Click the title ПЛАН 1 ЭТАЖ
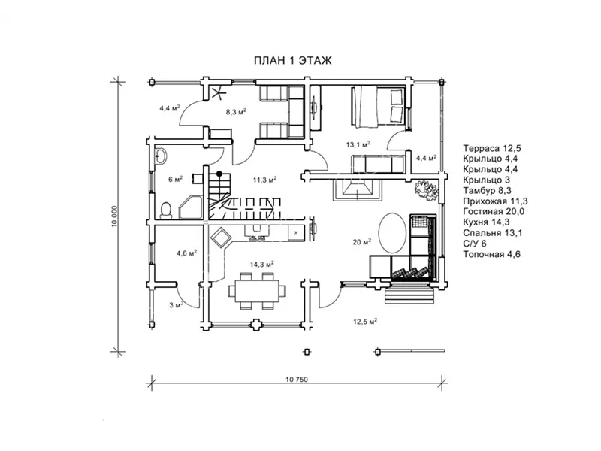point(293,61)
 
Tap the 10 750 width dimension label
point(297,380)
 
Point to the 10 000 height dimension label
point(114,216)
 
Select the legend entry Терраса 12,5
point(492,148)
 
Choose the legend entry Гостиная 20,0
point(494,212)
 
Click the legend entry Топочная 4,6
point(492,254)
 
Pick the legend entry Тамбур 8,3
point(487,191)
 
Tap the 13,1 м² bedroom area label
point(358,144)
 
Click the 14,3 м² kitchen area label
point(262,265)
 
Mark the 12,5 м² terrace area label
point(365,322)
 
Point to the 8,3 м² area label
point(236,112)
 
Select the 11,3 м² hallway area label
point(265,180)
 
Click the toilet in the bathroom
point(166,210)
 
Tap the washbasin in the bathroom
point(160,156)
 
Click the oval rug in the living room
point(392,232)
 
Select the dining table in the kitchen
point(257,291)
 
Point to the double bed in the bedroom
point(377,107)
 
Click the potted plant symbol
point(425,189)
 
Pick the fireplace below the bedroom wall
point(358,189)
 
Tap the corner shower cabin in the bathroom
point(191,207)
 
